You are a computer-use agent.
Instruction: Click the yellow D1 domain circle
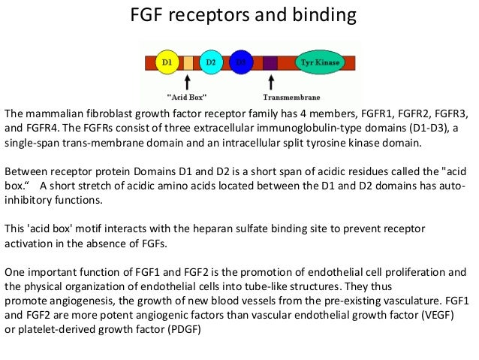click(x=166, y=60)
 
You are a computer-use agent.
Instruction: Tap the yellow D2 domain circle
click(x=211, y=60)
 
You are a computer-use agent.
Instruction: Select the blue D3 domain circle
click(x=241, y=60)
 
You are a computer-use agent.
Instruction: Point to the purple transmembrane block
click(x=270, y=61)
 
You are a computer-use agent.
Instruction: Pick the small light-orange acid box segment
click(x=188, y=62)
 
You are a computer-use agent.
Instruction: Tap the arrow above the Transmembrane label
click(x=272, y=80)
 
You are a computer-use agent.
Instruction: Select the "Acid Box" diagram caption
click(x=188, y=96)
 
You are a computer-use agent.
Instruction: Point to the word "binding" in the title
click(x=321, y=16)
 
